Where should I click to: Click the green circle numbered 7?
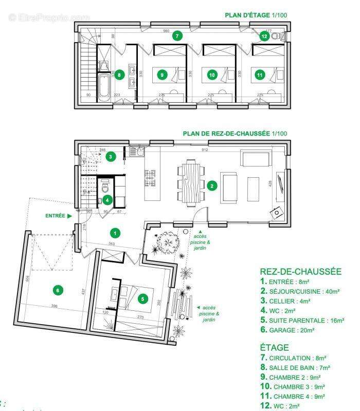pyautogui.click(x=177, y=36)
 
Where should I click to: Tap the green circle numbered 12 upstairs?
pyautogui.click(x=264, y=36)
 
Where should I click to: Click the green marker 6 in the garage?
pyautogui.click(x=58, y=290)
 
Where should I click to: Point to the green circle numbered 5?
pyautogui.click(x=144, y=298)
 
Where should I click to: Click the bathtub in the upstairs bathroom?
pyautogui.click(x=104, y=85)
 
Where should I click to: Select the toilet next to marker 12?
pyautogui.click(x=278, y=36)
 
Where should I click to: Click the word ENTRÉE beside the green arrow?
pyautogui.click(x=55, y=216)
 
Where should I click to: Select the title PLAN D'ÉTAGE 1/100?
pyautogui.click(x=256, y=15)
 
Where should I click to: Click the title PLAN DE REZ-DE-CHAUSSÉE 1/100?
pyautogui.click(x=235, y=134)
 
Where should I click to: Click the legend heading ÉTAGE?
pyautogui.click(x=274, y=347)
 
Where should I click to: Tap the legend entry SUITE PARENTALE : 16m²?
pyautogui.click(x=302, y=321)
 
